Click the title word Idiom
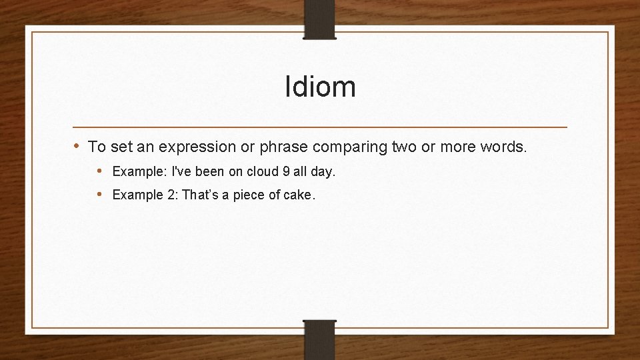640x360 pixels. (x=320, y=87)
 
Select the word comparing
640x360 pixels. (x=347, y=147)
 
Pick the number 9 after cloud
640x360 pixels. (x=286, y=171)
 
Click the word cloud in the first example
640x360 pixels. (x=263, y=171)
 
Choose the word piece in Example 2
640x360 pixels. (x=248, y=195)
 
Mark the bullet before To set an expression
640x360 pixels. (x=77, y=146)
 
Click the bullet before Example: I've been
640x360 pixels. (x=99, y=171)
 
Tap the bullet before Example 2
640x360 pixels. (x=99, y=194)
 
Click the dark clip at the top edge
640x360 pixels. (x=320, y=19)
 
